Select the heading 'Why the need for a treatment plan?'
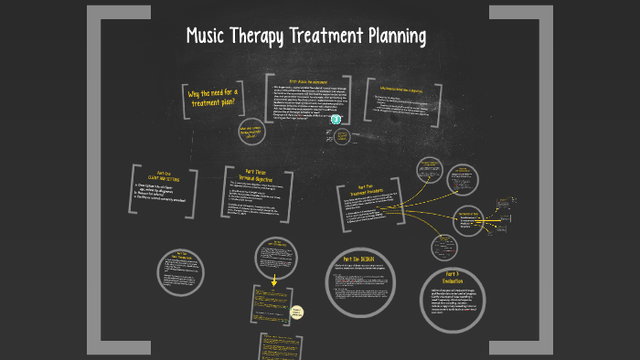[x=211, y=98]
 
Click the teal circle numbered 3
[x=336, y=119]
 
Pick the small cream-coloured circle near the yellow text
[x=297, y=313]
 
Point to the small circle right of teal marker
[x=344, y=137]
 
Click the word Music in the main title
[x=206, y=37]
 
